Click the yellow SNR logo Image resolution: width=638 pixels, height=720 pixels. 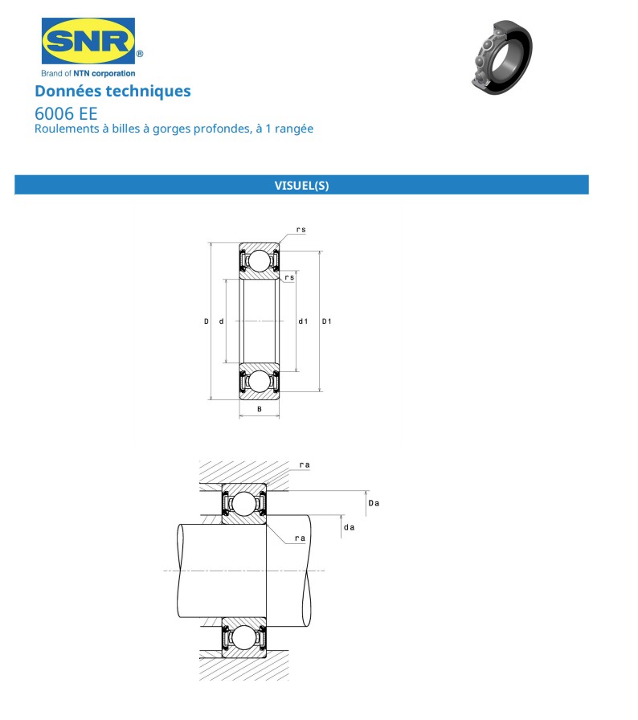88,42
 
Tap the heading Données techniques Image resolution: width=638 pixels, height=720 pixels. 112,91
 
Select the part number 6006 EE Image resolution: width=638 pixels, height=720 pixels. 66,113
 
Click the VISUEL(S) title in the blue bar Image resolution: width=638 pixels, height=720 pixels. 301,186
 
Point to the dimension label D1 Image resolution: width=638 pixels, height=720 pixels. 327,321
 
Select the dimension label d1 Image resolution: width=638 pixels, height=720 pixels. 303,321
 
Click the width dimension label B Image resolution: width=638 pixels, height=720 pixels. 259,410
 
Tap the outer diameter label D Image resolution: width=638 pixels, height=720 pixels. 207,321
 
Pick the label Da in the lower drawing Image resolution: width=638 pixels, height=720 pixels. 373,503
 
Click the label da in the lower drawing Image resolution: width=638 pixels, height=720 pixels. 349,527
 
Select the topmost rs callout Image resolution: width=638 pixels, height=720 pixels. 301,230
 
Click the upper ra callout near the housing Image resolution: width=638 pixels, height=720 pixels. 305,465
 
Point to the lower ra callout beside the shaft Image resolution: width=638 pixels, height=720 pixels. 301,539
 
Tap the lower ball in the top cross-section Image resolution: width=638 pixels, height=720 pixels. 259,380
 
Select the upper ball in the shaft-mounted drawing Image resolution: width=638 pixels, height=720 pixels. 244,504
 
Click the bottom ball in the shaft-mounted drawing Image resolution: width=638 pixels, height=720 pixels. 244,638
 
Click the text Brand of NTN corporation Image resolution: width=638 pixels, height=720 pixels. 88,73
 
